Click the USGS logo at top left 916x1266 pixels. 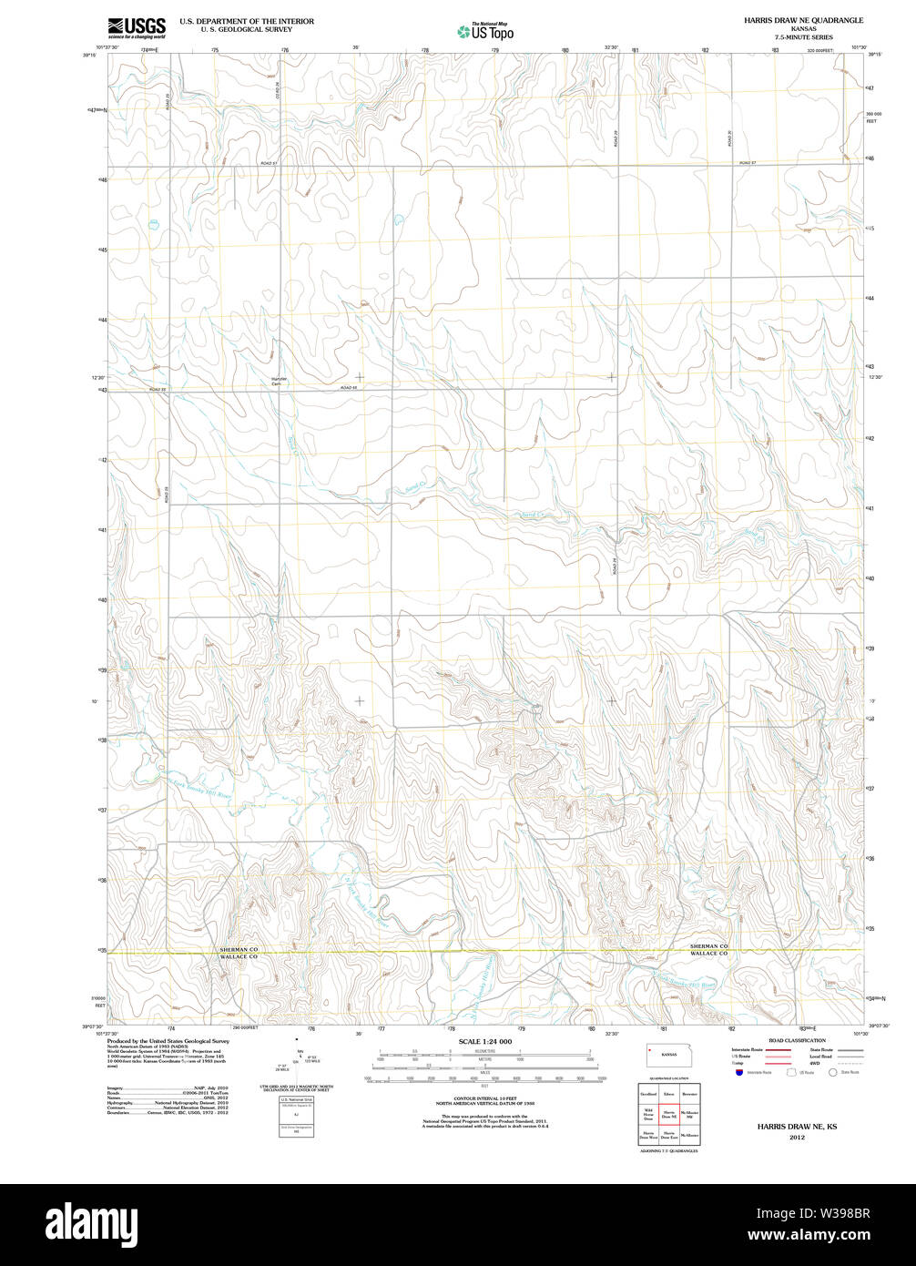pos(137,27)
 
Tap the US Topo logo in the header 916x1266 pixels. pos(485,32)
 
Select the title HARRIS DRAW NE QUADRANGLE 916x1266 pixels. pos(803,20)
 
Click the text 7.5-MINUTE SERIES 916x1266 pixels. pos(803,37)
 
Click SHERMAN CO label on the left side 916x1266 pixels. pos(239,949)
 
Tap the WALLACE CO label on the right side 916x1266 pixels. pos(708,954)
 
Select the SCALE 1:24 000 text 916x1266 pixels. pos(485,1041)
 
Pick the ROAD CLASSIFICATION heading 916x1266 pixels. pos(797,1040)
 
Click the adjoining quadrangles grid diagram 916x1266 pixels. pos(668,1112)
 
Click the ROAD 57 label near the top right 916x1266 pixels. pos(748,163)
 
